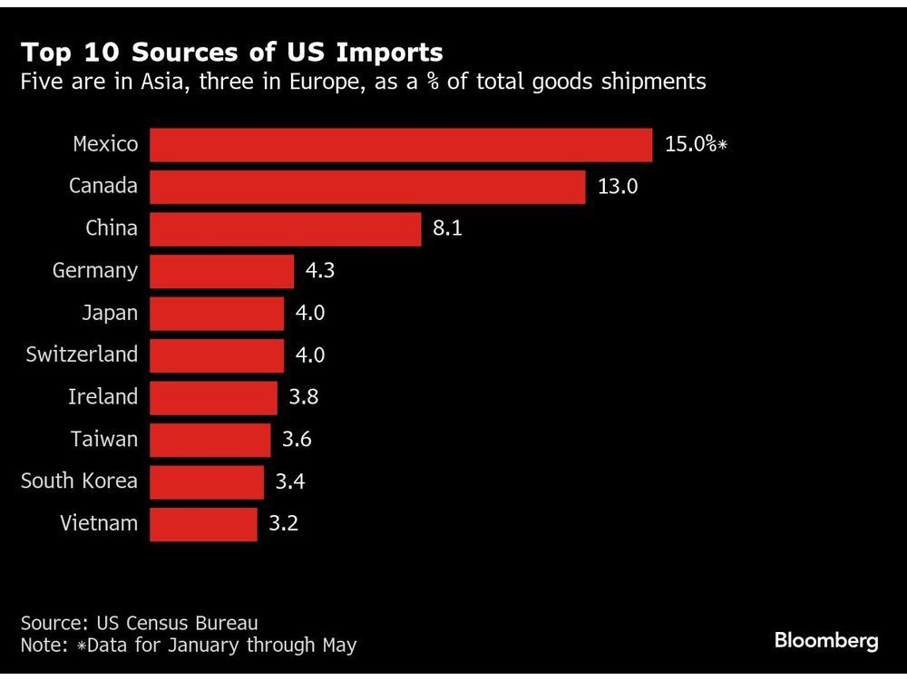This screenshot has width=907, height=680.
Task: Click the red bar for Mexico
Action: (401, 145)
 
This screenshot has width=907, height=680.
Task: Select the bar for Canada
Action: (367, 187)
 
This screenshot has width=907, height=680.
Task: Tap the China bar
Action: (286, 228)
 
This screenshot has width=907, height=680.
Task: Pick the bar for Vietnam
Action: (203, 523)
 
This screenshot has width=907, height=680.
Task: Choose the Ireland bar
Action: (213, 397)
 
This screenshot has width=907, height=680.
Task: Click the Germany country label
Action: (95, 270)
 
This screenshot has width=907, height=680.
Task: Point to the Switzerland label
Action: (82, 355)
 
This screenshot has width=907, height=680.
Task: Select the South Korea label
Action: (79, 481)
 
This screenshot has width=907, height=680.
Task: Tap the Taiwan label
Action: (104, 439)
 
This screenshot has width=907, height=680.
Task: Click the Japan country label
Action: (110, 313)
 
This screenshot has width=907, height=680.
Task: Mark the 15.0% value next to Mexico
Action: (691, 145)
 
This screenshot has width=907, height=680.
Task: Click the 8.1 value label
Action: (447, 228)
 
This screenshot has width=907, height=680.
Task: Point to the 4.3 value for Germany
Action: (320, 270)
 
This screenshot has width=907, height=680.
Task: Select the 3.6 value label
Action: (297, 439)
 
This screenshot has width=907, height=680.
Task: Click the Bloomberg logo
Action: (826, 641)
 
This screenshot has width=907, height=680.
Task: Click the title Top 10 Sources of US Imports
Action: (231, 51)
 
